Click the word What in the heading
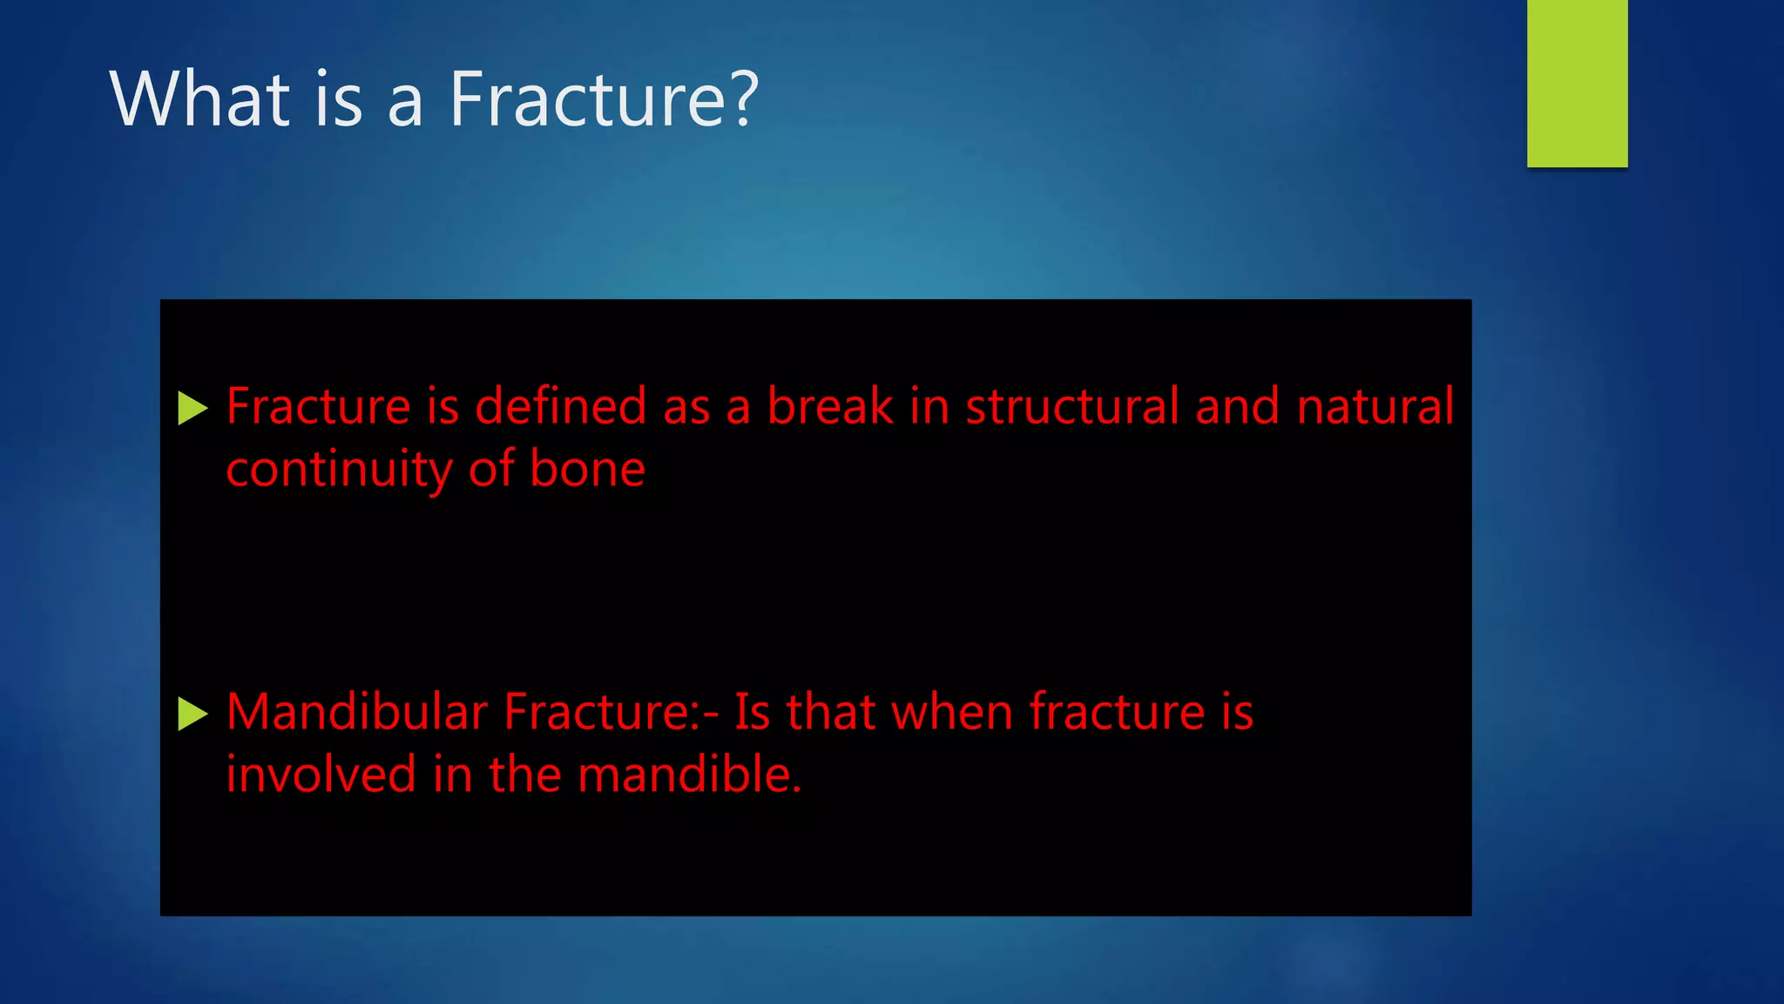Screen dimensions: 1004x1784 [199, 99]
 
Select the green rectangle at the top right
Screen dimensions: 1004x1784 [1577, 83]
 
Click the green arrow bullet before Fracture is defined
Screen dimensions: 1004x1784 [192, 408]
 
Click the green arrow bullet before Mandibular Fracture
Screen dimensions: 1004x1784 [192, 714]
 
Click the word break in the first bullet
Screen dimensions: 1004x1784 [829, 406]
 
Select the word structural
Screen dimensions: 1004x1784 [1071, 406]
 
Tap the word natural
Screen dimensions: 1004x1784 [1375, 406]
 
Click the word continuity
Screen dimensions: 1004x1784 [338, 471]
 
